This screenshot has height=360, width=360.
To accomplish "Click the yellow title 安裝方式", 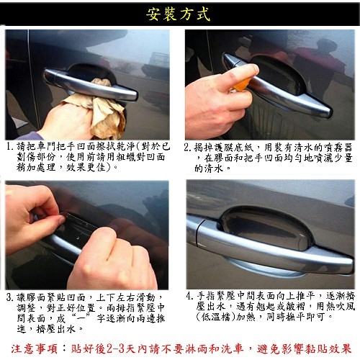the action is pos(178,14).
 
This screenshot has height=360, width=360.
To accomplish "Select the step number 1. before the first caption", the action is pos(9,147).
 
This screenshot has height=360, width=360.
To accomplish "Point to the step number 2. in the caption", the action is pos(188,147).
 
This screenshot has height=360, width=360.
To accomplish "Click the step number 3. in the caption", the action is pos(9,297).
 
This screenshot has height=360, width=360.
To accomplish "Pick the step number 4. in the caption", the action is pos(189,296).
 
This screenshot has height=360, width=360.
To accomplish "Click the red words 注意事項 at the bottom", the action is pos(34,348).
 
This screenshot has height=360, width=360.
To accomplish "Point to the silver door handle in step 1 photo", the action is pos(90,85).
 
